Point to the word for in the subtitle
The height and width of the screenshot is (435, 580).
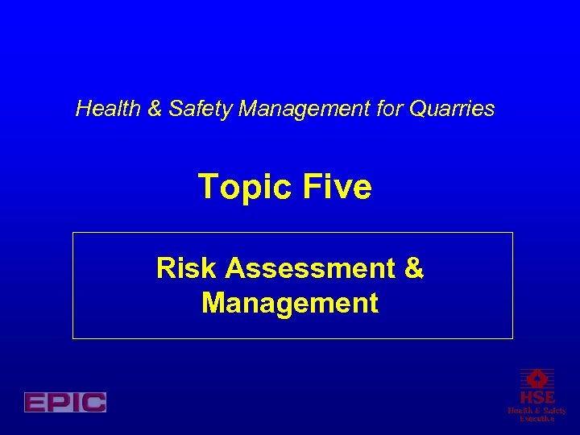[x=391, y=109]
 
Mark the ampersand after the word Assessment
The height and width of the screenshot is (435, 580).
[x=413, y=268]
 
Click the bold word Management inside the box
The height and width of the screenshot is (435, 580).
[x=290, y=303]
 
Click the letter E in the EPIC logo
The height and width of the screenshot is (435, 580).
[x=35, y=402]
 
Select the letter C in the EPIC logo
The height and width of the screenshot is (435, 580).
[x=93, y=402]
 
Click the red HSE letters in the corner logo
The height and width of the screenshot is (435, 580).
[x=536, y=398]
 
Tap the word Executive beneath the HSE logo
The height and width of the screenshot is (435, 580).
[x=536, y=419]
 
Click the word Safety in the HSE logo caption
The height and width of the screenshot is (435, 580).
[x=553, y=411]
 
